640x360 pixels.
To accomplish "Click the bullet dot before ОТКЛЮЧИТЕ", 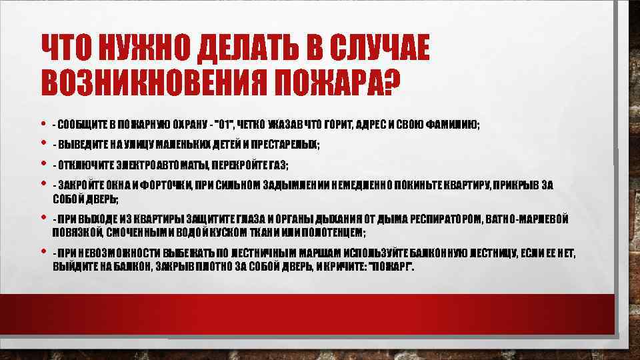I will pyautogui.click(x=44, y=163).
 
